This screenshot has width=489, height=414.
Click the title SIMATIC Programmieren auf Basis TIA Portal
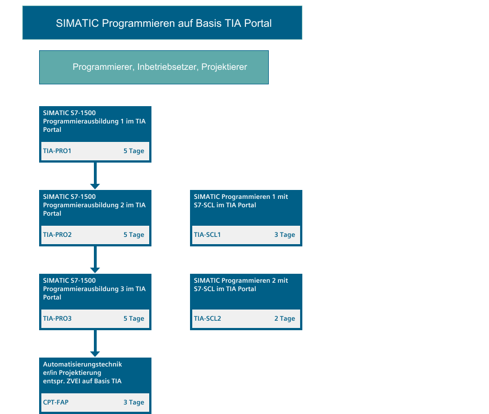coord(164,23)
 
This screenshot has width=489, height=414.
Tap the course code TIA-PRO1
coord(57,151)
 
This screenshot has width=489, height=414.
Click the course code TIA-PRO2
coord(58,235)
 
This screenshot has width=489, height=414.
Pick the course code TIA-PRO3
coord(58,318)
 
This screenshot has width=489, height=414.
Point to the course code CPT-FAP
coord(56,402)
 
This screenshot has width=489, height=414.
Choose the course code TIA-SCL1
coord(207,235)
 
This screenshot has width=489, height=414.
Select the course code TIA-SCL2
coord(207,318)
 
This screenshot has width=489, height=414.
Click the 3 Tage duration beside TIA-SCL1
coord(284,235)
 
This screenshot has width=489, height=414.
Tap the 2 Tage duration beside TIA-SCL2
coord(284,319)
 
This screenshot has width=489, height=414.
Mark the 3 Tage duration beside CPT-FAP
coord(134,403)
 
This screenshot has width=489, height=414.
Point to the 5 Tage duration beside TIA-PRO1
coord(134,151)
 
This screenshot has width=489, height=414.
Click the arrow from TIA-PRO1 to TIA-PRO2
coord(95,176)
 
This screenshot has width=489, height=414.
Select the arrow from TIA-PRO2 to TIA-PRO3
coord(95,260)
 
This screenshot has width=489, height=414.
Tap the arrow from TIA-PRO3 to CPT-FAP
coord(95,344)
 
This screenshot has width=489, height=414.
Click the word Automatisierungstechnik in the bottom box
coord(83,364)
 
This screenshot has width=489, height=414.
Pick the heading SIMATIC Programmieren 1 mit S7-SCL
coord(241,201)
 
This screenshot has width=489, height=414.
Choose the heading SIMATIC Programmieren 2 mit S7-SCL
coord(241,285)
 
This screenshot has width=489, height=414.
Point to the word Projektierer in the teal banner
coord(224,67)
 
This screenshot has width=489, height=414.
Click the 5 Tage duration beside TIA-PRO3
coord(134,319)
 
